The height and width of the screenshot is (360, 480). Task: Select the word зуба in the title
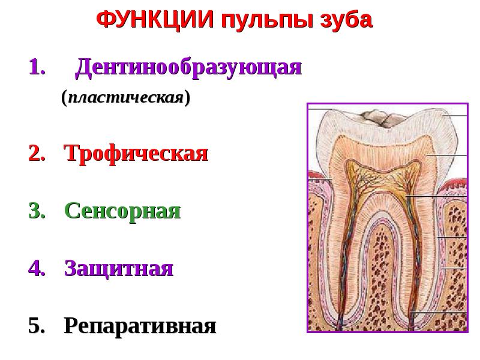point(347,21)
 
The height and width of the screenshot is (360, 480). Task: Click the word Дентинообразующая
point(188,68)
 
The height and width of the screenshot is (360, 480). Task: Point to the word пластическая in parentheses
point(125,97)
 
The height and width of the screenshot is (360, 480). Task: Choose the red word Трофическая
point(136,154)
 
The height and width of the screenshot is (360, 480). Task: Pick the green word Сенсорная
point(122,211)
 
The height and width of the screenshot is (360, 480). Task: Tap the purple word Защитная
point(119,268)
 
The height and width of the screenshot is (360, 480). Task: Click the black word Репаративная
point(140,326)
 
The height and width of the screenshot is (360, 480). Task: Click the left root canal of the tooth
point(346,252)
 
